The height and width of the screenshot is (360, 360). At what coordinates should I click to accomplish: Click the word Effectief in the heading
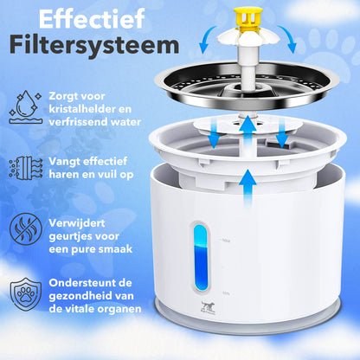[x=92, y=19]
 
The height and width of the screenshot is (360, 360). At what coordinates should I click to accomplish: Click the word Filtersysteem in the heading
[x=94, y=46]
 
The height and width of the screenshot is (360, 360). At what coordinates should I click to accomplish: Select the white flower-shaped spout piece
[x=248, y=38]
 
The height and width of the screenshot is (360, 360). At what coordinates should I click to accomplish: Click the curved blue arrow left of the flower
[x=206, y=39]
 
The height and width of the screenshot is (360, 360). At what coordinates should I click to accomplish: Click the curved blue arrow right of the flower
[x=288, y=39]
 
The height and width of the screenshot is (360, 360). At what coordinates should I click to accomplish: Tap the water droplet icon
[x=26, y=107]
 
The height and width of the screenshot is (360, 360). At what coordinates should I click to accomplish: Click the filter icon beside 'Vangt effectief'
[x=26, y=168]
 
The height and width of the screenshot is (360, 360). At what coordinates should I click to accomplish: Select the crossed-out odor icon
[x=26, y=229]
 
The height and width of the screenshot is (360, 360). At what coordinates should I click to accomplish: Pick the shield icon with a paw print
[x=26, y=294]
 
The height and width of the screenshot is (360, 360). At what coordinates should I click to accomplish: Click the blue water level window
[x=201, y=257]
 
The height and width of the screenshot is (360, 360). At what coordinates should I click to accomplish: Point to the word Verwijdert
[x=77, y=223]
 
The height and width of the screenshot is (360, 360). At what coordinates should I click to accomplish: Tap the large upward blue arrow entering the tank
[x=247, y=188]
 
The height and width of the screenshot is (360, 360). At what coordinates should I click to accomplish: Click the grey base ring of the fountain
[x=248, y=320]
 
